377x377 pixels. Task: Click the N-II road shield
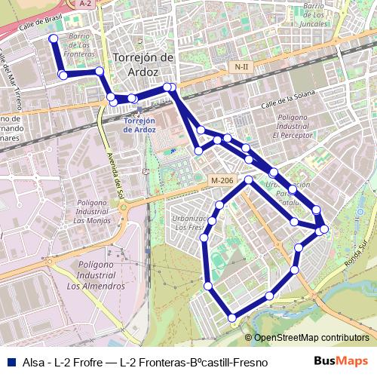click(241, 67)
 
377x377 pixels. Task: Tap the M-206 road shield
click(222, 180)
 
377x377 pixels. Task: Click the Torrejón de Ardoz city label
click(143, 65)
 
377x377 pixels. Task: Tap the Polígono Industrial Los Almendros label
click(95, 275)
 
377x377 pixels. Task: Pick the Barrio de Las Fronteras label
click(78, 46)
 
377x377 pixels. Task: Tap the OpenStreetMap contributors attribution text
click(311, 338)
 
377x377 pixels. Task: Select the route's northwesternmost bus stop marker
click(53, 38)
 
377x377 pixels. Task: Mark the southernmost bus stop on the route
click(232, 318)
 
